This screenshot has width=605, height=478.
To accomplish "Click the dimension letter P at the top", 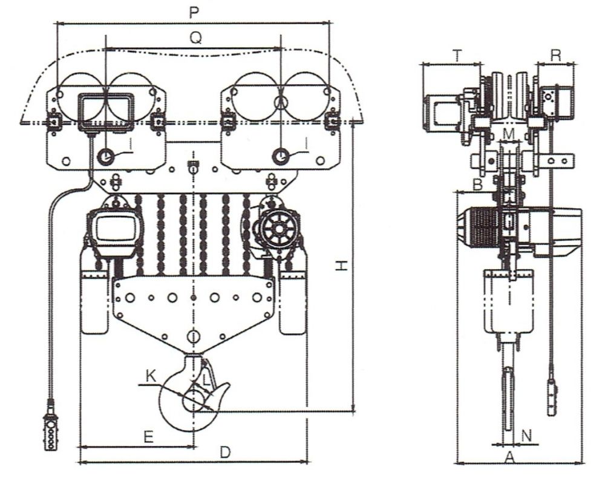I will [x=194, y=13].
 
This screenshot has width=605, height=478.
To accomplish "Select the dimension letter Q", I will [x=195, y=38].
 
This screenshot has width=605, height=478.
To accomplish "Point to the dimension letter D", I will [x=224, y=453].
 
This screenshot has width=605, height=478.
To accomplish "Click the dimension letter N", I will [x=526, y=434].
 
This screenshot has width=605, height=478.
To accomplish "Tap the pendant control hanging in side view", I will [x=551, y=396].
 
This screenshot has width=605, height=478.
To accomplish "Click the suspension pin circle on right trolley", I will [x=281, y=156].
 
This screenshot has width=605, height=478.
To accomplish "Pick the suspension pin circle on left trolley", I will [x=106, y=156].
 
